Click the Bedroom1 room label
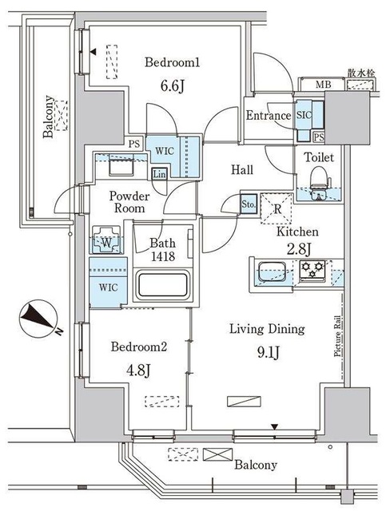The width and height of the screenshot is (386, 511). pyautogui.click(x=172, y=62)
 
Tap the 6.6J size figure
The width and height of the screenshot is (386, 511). pyautogui.click(x=173, y=86)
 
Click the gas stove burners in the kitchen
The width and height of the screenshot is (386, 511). pyautogui.click(x=312, y=270)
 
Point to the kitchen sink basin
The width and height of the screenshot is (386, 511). pyautogui.click(x=273, y=271)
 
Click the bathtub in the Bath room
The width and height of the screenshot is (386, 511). pyautogui.click(x=163, y=284)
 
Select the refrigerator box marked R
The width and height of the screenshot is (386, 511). pyautogui.click(x=277, y=208)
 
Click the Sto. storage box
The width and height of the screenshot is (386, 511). pyautogui.click(x=249, y=204)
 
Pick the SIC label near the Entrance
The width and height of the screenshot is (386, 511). pyautogui.click(x=304, y=115)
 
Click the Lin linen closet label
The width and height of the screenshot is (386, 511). pyautogui.click(x=160, y=174)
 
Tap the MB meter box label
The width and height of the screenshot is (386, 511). pyautogui.click(x=324, y=85)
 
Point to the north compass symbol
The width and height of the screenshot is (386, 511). pyautogui.click(x=38, y=319)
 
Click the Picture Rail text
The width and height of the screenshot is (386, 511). pyautogui.click(x=337, y=336)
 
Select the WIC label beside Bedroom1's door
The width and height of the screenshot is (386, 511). pyautogui.click(x=165, y=151)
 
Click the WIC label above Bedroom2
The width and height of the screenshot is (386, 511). pyautogui.click(x=109, y=287)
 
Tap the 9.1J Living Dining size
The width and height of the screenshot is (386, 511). pyautogui.click(x=269, y=352)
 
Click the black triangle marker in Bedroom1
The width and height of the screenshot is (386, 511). pyautogui.click(x=94, y=51)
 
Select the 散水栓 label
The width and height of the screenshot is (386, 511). pyautogui.click(x=361, y=73)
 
